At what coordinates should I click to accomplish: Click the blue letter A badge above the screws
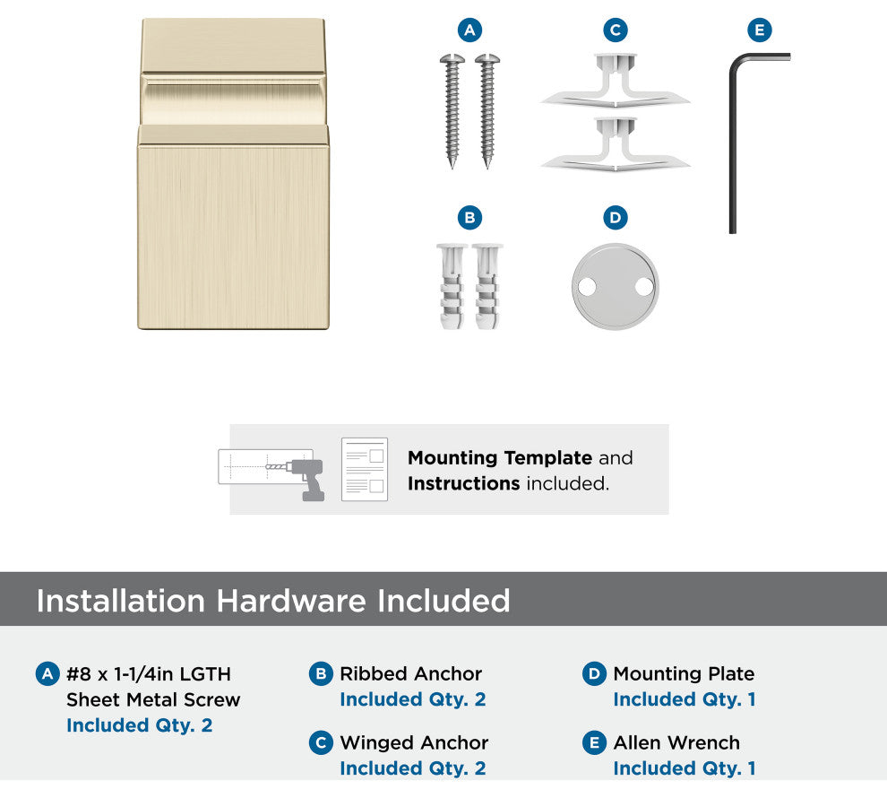tap(469, 30)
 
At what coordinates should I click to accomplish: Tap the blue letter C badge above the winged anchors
tap(616, 30)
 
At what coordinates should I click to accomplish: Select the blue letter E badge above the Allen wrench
tap(759, 30)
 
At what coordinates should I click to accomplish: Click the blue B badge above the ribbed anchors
tap(469, 217)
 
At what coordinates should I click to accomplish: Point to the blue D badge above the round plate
tap(616, 217)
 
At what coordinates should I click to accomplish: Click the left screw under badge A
tap(452, 111)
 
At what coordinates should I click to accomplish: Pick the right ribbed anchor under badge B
tap(487, 286)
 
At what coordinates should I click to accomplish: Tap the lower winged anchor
tap(616, 144)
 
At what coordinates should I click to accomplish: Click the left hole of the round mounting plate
tap(587, 287)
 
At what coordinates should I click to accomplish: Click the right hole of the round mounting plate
tap(644, 287)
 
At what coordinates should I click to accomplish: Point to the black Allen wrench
tap(733, 142)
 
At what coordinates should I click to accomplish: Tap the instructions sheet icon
tap(365, 469)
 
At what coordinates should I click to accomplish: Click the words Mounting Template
tap(500, 457)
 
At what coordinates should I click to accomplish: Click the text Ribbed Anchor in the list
tap(410, 673)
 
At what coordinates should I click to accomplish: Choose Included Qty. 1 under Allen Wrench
tap(685, 768)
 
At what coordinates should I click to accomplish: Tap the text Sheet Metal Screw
tap(153, 699)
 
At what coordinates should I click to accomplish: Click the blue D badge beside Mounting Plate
tap(594, 673)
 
